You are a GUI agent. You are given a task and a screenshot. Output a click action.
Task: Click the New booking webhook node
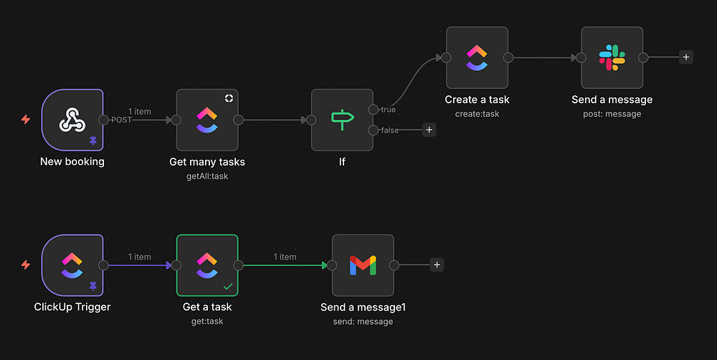[x=72, y=120]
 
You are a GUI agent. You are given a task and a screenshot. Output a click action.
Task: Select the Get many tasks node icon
[x=206, y=120]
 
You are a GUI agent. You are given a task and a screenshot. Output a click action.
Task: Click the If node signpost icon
[x=342, y=120]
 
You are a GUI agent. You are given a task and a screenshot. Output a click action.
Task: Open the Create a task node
[x=477, y=58]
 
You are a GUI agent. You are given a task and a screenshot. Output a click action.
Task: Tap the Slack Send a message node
[x=612, y=58]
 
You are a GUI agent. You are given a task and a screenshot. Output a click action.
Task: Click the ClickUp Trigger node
[x=72, y=265]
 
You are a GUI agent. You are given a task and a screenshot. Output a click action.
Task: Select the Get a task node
[x=206, y=265]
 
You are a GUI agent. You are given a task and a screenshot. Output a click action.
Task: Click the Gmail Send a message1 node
[x=363, y=265]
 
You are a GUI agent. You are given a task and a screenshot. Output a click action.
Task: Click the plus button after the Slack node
[x=686, y=57]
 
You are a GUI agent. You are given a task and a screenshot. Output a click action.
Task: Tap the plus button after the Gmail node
[x=437, y=265]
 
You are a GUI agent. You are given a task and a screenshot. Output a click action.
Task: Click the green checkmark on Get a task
[x=228, y=286]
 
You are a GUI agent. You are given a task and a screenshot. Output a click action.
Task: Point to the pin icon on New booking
[x=93, y=141]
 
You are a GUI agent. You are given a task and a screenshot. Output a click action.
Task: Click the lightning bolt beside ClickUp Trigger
[x=26, y=265]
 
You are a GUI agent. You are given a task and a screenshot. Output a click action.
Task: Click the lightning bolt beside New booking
[x=26, y=120]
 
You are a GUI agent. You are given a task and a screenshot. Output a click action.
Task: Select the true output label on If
[x=388, y=110]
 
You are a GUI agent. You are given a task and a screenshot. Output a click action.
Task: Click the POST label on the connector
[x=122, y=120]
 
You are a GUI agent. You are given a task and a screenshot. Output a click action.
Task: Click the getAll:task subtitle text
[x=206, y=176]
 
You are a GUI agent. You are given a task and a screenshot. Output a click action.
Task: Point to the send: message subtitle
[x=363, y=321]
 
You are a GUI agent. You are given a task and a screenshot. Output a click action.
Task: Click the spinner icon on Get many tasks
[x=229, y=98]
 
